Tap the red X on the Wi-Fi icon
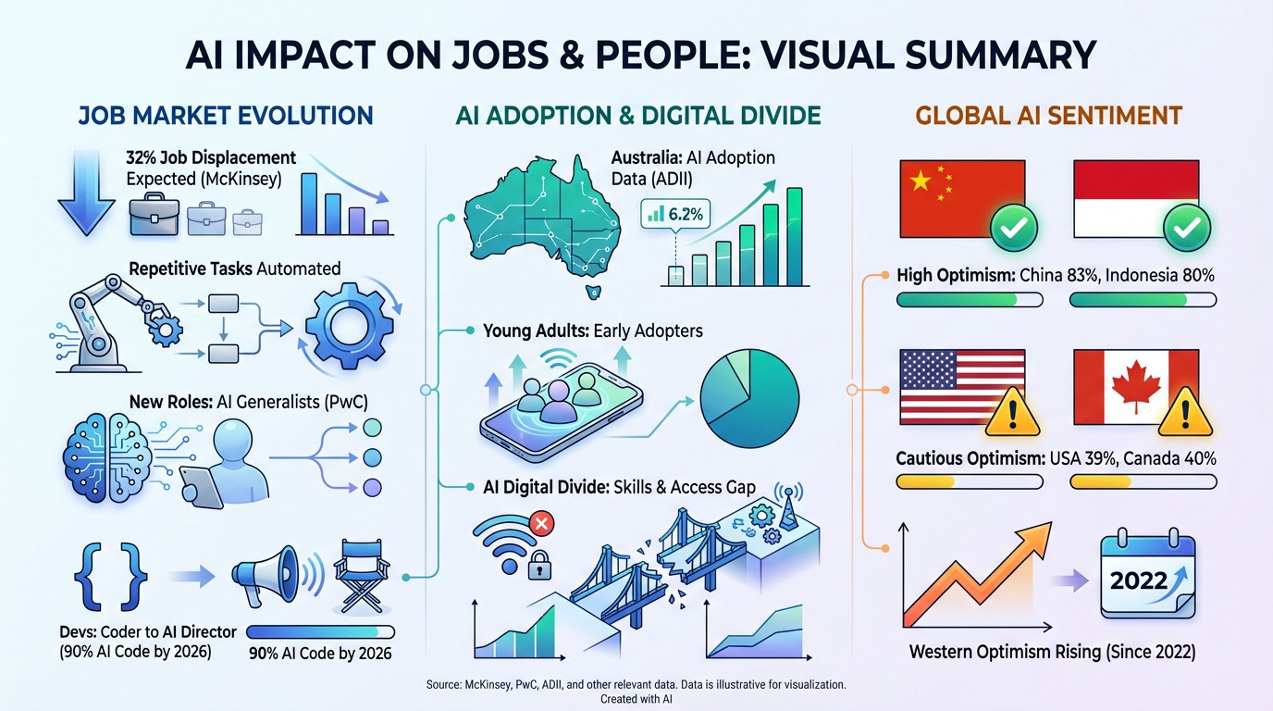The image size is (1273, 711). (x=539, y=525)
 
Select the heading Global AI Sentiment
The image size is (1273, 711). (x=1049, y=116)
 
